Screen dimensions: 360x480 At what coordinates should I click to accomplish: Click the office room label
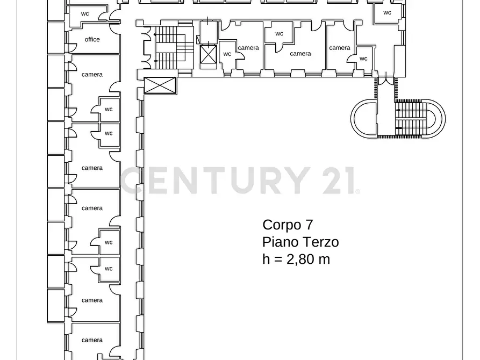92,39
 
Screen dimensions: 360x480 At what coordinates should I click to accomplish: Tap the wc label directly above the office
85,13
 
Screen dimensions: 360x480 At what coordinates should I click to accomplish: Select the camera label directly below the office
92,75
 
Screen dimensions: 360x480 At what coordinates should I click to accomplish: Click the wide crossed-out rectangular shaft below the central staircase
160,85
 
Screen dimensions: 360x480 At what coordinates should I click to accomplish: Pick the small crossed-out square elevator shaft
207,54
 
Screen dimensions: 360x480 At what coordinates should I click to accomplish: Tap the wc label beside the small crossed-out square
227,54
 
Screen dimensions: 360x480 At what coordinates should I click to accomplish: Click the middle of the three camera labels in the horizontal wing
300,54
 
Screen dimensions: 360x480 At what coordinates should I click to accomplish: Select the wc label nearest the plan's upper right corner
387,12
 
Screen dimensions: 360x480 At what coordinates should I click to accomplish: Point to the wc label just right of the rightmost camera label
363,59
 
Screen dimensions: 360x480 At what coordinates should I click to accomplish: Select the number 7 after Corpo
308,225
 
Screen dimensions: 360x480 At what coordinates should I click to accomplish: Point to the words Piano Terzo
300,242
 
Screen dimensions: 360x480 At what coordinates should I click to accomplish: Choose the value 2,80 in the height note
300,259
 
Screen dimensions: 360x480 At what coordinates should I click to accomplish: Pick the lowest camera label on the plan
92,340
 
